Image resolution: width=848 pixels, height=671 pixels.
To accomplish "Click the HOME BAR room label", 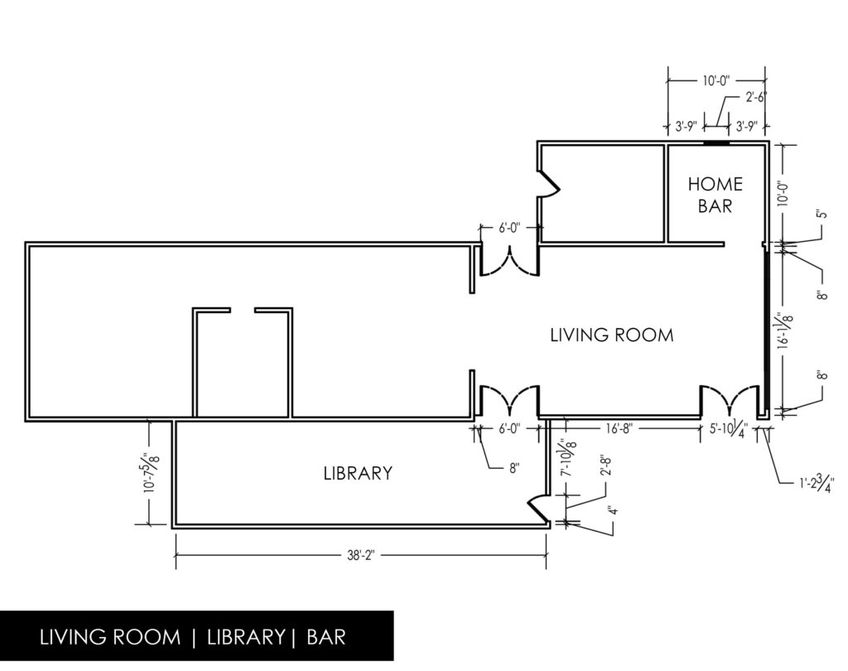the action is [x=715, y=195].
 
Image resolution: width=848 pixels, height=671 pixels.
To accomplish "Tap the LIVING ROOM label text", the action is [x=612, y=335].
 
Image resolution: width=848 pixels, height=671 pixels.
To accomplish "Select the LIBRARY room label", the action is [x=358, y=473].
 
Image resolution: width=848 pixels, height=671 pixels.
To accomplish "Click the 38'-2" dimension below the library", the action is [x=361, y=556].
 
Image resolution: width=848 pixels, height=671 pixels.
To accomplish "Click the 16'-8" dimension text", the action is [x=619, y=428].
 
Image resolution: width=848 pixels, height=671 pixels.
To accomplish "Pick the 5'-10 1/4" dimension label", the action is [x=729, y=430].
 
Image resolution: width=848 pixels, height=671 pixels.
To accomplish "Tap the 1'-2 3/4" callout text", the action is [x=817, y=481].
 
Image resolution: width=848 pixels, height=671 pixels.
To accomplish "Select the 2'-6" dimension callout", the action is [x=755, y=98].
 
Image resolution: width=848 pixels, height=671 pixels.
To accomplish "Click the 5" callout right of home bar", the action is [x=823, y=214].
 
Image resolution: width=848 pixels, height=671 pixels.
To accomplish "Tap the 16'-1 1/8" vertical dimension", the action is [x=785, y=331].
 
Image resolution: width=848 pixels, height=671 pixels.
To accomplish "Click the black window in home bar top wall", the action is [x=716, y=143].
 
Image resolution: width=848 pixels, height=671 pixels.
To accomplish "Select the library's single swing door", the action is [x=538, y=509].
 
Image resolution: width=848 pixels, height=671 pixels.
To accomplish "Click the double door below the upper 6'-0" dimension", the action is [x=509, y=262].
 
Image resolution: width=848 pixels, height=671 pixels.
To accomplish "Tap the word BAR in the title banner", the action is [x=326, y=637].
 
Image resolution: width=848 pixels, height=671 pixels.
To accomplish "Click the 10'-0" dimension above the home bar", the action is [x=716, y=80].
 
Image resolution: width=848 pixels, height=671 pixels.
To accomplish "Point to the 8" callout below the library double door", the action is [x=513, y=468].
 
